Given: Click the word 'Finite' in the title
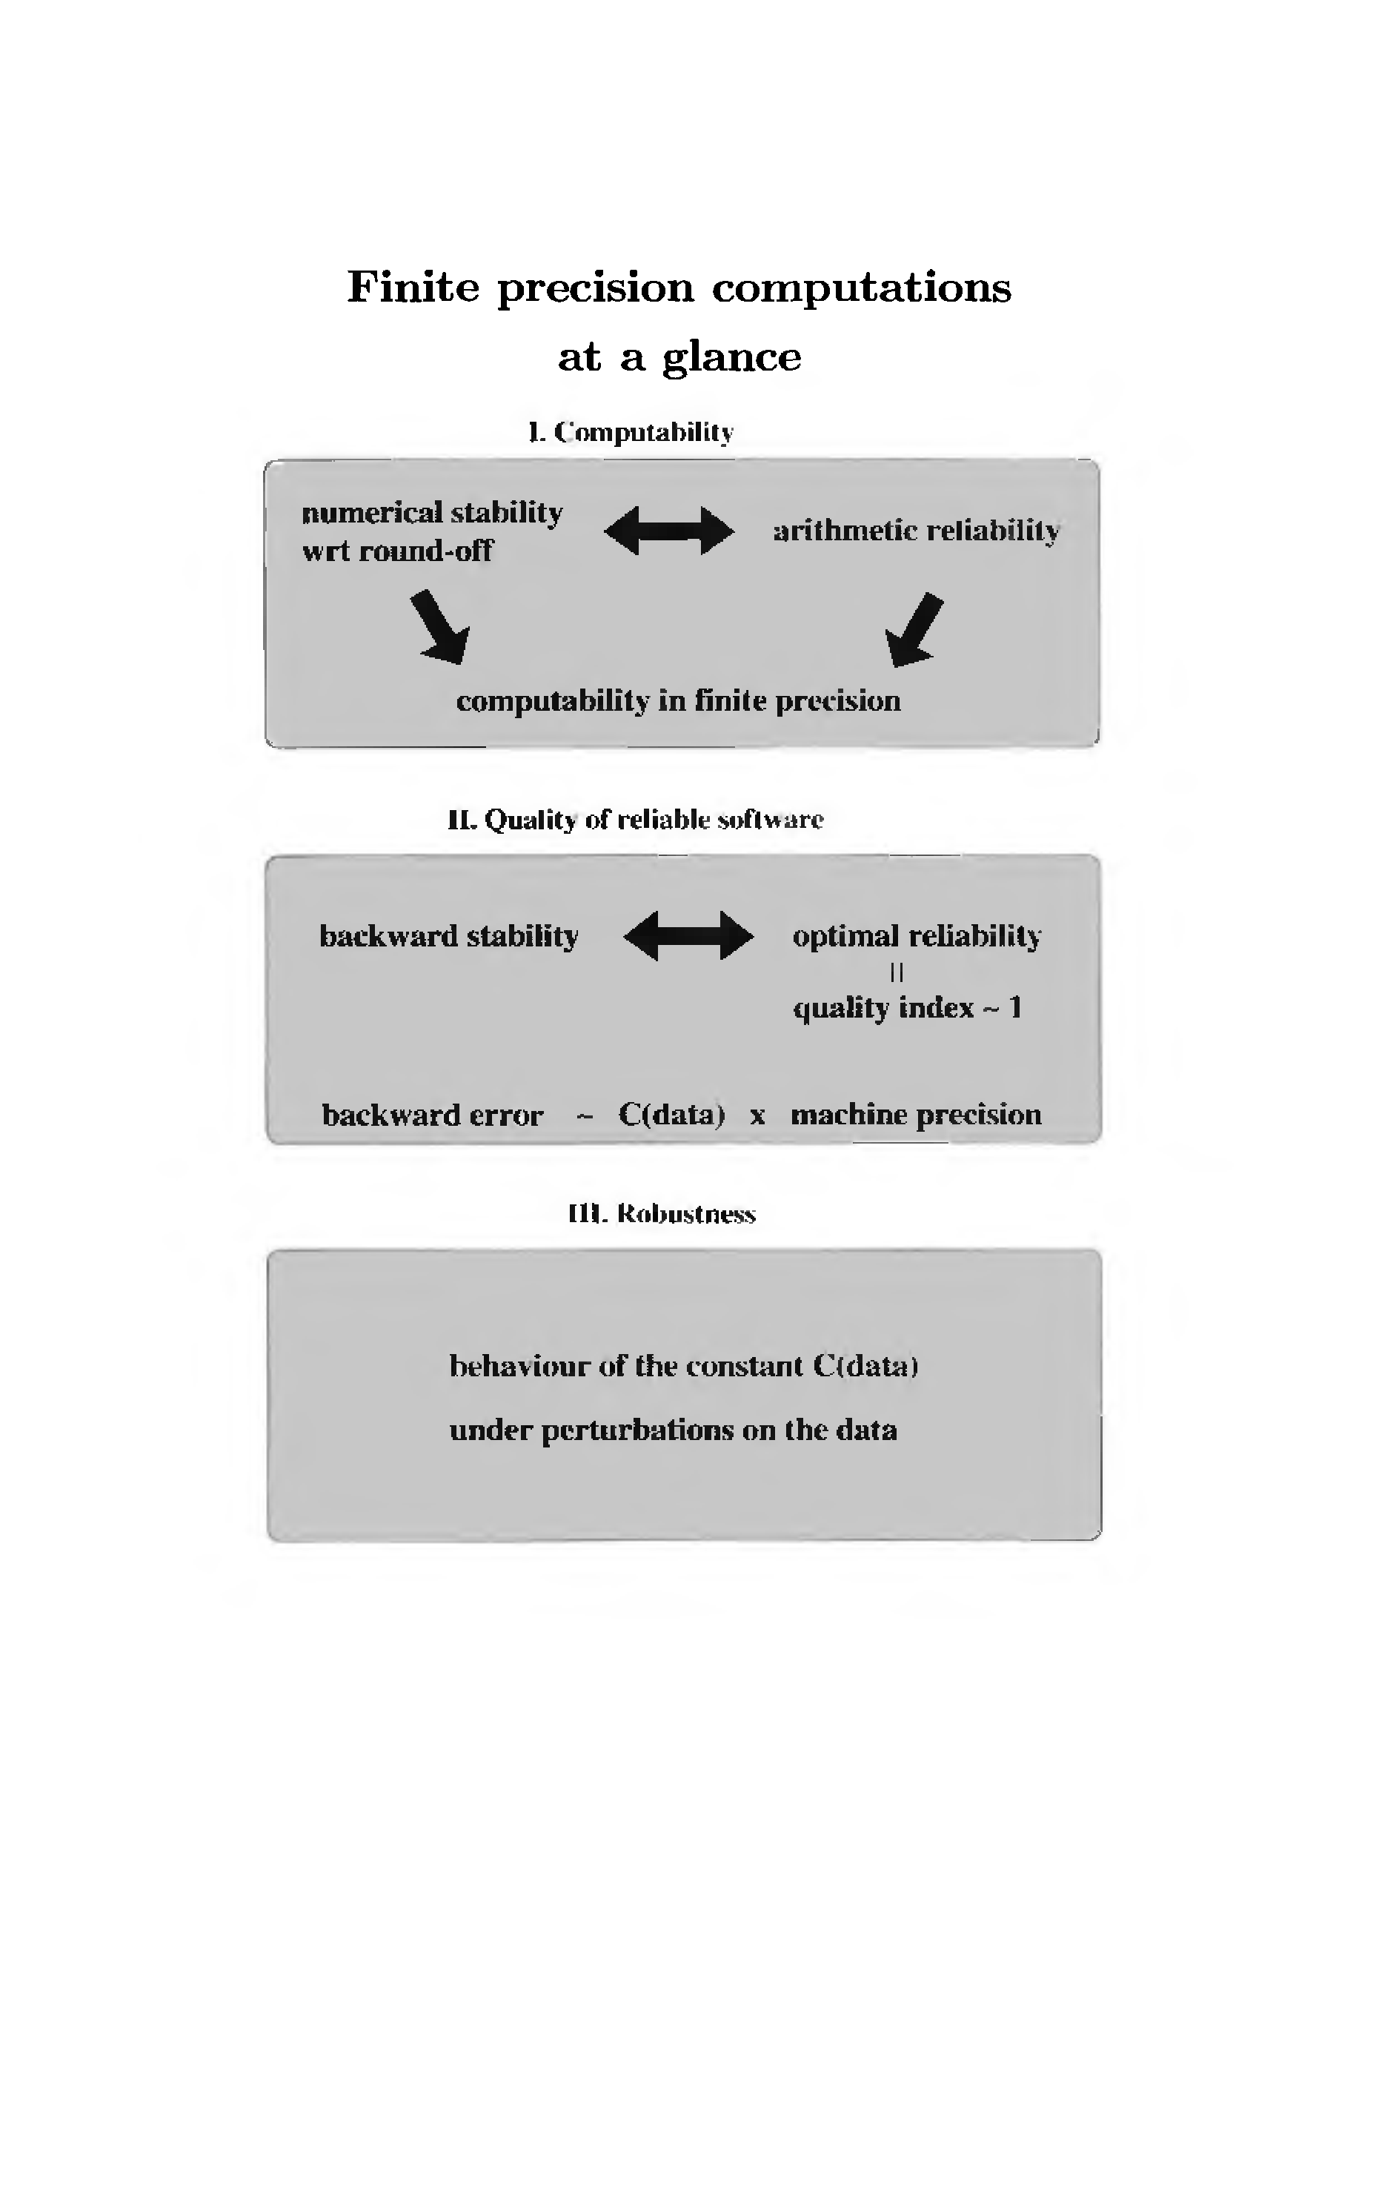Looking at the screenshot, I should (413, 288).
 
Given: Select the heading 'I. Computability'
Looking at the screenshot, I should (631, 431).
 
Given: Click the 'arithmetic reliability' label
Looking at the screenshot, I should (917, 531).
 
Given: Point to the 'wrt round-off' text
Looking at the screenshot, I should (398, 551).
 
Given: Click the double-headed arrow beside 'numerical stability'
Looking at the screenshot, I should (669, 531).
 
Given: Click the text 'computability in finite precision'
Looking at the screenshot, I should (678, 701).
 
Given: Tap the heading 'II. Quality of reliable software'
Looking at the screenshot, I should (635, 820).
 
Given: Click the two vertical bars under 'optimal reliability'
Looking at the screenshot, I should (897, 973).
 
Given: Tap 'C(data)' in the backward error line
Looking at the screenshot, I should (671, 1114).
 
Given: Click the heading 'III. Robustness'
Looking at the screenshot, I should (662, 1214).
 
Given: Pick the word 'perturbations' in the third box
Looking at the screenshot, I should (637, 1431).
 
